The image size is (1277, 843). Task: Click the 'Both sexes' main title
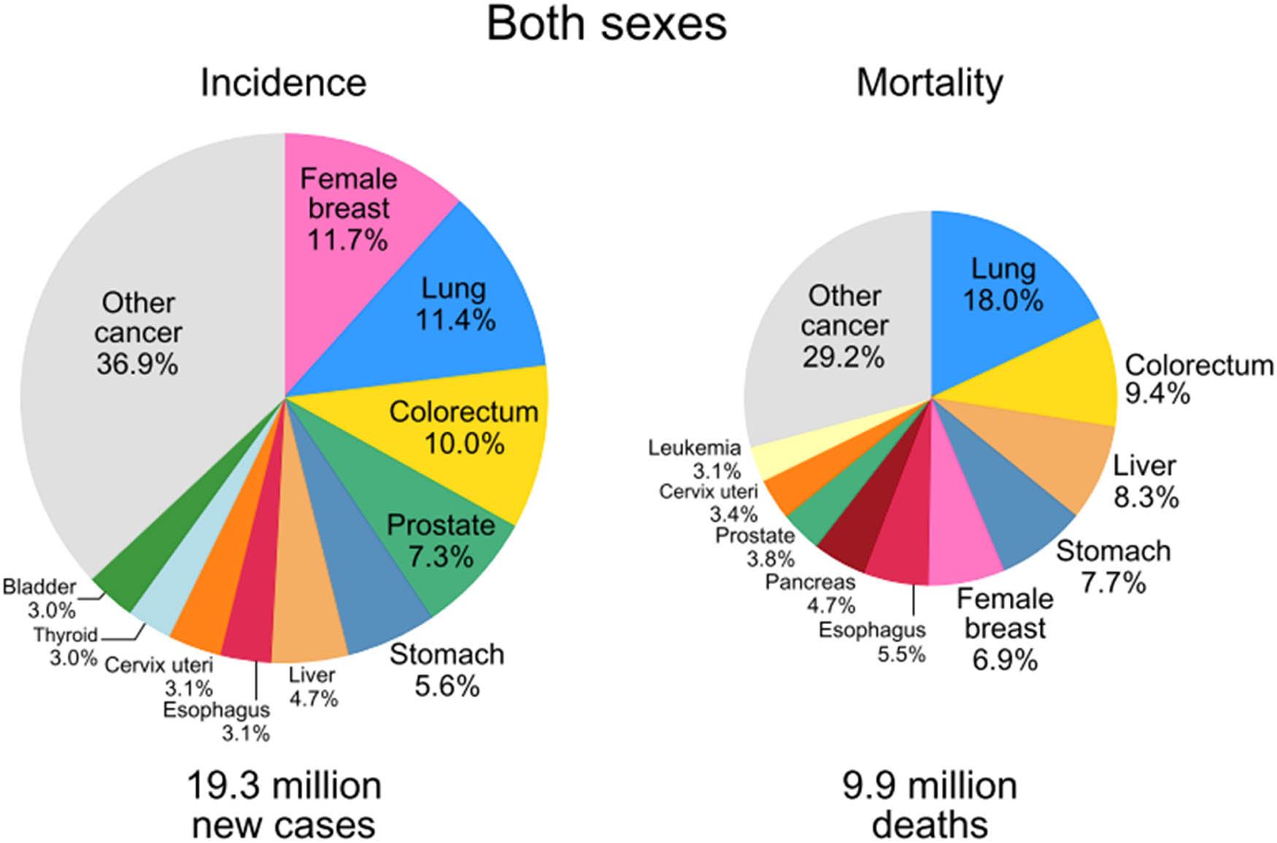click(x=606, y=24)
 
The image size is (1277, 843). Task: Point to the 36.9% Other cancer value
click(x=137, y=363)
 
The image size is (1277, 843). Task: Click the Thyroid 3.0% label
click(x=66, y=646)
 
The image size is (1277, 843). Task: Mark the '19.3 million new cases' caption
click(x=284, y=805)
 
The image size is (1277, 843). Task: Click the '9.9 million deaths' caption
click(x=930, y=805)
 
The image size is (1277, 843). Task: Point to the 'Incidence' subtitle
click(x=283, y=82)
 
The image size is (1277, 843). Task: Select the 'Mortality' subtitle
click(x=930, y=82)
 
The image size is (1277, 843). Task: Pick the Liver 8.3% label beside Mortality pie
click(x=1145, y=482)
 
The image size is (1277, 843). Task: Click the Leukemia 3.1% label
click(x=695, y=459)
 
